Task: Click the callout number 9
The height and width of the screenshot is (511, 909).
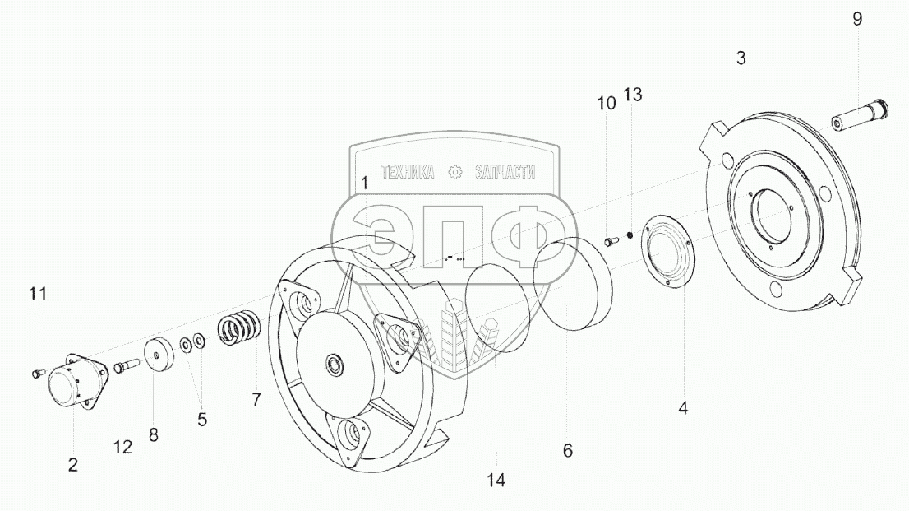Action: click(x=857, y=19)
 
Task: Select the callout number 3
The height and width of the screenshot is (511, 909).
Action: click(x=741, y=58)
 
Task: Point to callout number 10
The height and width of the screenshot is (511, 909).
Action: click(x=606, y=103)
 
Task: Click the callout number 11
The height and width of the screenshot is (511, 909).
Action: click(x=39, y=293)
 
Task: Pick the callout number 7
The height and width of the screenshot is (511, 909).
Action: click(x=256, y=401)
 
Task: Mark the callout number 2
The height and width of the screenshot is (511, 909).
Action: click(x=73, y=466)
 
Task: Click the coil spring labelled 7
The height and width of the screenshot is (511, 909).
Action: click(x=240, y=329)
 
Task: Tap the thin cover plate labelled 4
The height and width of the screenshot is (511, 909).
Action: click(x=667, y=251)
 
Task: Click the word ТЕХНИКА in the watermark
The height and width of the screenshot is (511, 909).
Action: click(x=408, y=173)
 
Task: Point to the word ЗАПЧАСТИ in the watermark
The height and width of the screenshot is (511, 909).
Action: click(x=505, y=173)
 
